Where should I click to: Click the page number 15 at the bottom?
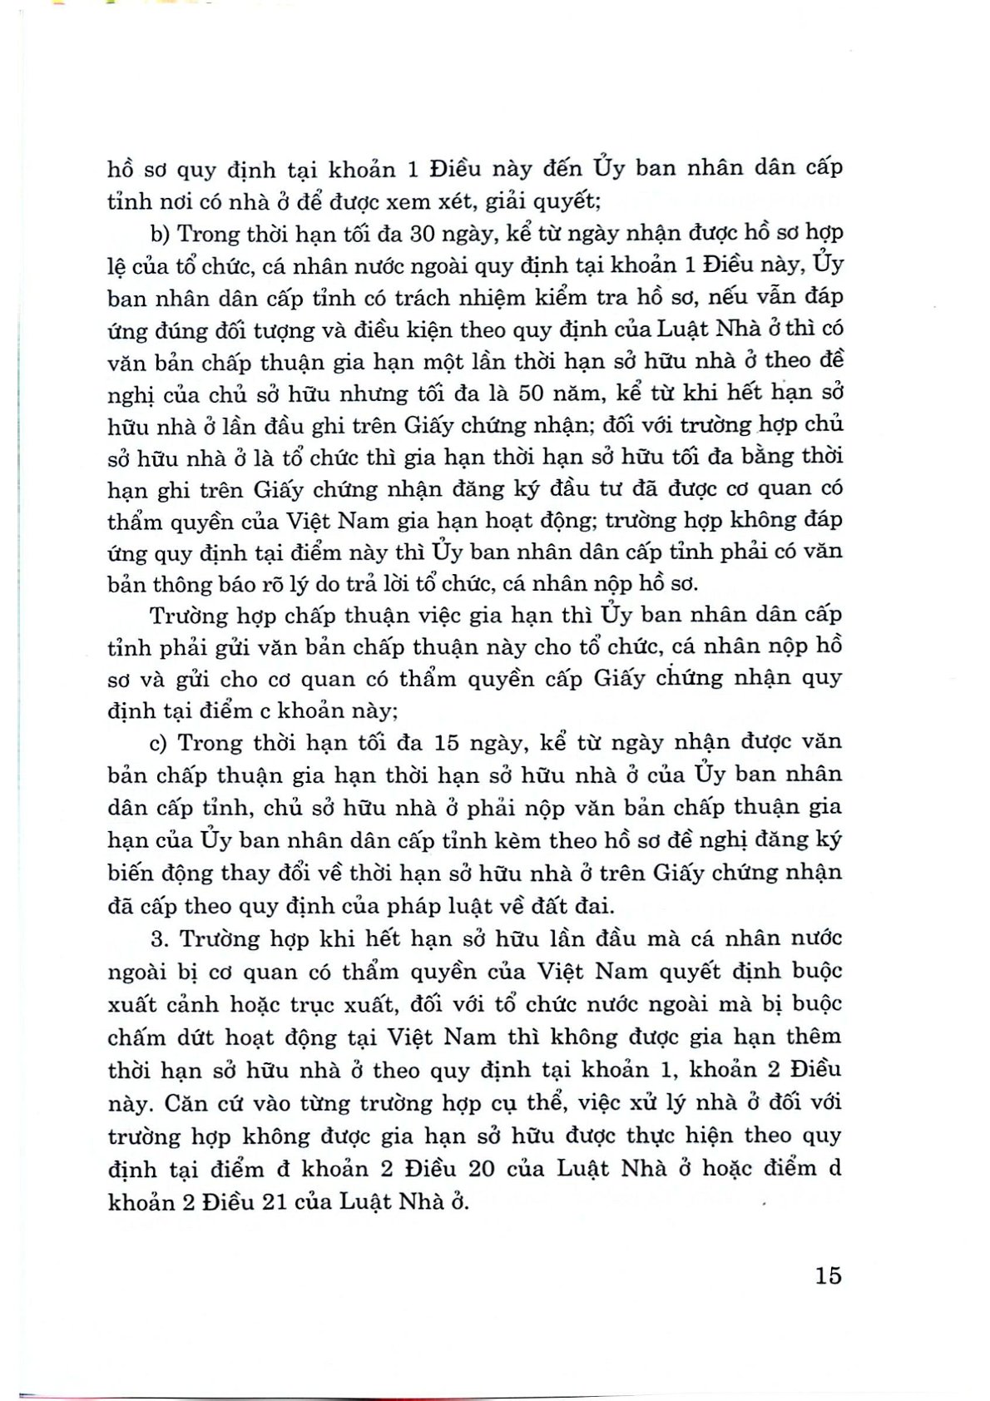[829, 1275]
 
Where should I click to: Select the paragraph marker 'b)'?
[161, 235]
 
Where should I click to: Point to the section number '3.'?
[161, 939]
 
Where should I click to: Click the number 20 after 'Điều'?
[478, 1168]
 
